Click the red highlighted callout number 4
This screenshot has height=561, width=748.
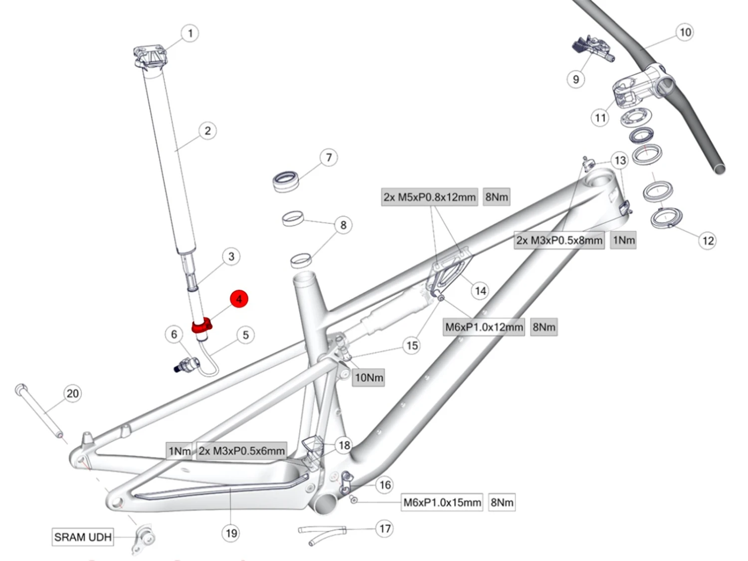(x=239, y=299)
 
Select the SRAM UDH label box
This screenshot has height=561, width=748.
(x=83, y=537)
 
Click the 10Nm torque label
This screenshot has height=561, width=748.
(x=369, y=377)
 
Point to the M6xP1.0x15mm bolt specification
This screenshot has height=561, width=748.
(x=442, y=502)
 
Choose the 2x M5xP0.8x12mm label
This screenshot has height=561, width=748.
(x=429, y=197)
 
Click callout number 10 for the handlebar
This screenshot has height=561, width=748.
(x=685, y=32)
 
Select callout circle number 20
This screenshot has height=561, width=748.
(x=73, y=393)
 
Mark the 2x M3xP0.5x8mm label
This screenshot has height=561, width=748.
(x=559, y=240)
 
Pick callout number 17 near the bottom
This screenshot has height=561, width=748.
(x=385, y=529)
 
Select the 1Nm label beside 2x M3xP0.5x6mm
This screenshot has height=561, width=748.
(x=180, y=451)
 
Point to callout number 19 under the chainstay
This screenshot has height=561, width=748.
(x=231, y=533)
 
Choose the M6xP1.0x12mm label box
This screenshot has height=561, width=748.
(x=484, y=327)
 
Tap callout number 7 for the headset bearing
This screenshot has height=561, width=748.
(x=329, y=158)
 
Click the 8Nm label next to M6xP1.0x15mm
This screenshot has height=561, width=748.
(x=502, y=502)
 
